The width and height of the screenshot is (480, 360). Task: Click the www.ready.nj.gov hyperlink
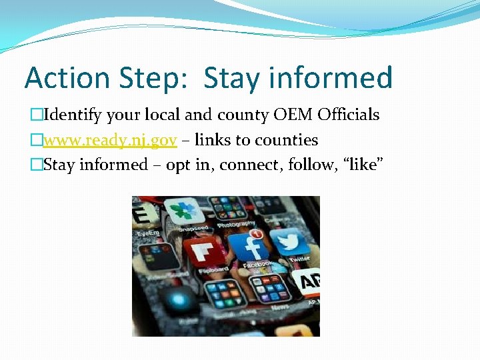tap(110, 140)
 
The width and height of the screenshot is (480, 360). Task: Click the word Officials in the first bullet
tap(349, 115)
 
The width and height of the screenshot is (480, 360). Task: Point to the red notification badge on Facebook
tap(255, 233)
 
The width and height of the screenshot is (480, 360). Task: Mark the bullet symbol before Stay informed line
tap(37, 165)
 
